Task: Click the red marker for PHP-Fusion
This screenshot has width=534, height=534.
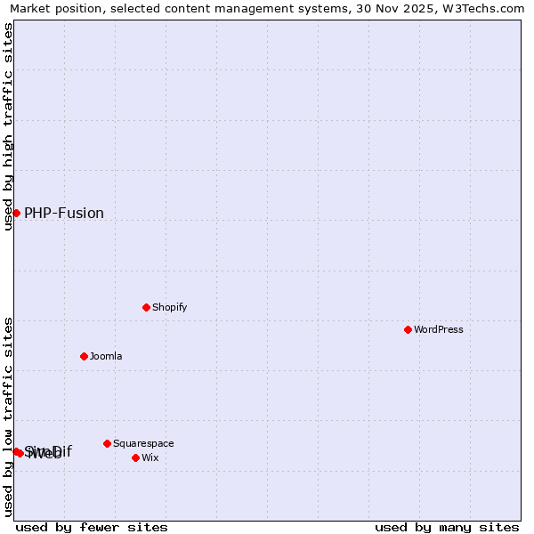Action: coord(16,213)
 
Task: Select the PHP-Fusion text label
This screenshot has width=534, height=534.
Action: coord(64,214)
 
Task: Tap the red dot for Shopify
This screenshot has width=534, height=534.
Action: coord(146,307)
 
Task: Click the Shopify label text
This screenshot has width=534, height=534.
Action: coord(169,308)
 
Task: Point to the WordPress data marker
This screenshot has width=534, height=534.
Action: coord(408,329)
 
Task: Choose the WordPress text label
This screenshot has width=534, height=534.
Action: coord(439,330)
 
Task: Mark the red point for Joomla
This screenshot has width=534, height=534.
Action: coord(84,356)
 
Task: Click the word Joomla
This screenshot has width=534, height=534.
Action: coord(106,357)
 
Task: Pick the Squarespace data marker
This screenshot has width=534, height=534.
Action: coord(107,443)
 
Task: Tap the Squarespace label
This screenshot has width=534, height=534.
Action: coord(143,444)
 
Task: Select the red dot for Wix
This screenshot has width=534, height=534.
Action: coord(135,457)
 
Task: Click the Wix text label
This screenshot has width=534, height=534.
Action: coord(150,458)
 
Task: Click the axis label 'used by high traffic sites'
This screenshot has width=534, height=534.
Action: coord(8,126)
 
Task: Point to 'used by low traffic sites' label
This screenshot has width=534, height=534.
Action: coord(8,417)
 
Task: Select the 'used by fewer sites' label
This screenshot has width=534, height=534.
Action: coord(92,528)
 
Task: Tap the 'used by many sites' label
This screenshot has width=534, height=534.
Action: coord(447,528)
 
